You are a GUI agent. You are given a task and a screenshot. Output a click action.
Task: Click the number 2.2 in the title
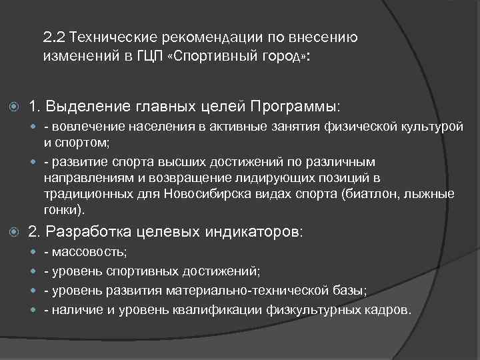pos(53,37)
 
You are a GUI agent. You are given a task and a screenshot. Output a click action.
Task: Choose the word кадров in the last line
pos(390,310)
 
